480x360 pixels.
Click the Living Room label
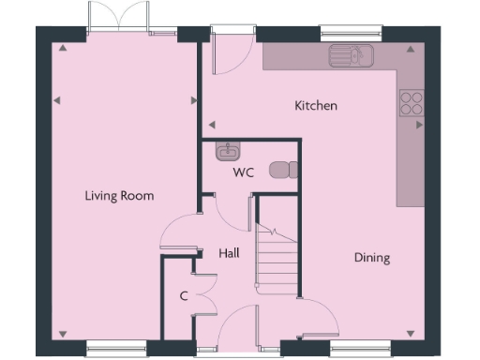pos(119,196)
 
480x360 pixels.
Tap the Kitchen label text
pos(316,106)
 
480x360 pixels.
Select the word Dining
pos(372,258)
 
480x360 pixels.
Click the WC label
pos(244,173)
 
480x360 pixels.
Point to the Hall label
pos(230,253)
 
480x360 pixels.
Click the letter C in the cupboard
pos(185,297)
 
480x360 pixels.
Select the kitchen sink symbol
pos(351,56)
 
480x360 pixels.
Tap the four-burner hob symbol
pos(412,101)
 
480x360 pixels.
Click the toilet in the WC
pos(283,169)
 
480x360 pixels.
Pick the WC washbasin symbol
pos(228,150)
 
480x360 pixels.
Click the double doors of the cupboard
pos(205,293)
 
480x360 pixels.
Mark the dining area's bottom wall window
pos(357,349)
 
